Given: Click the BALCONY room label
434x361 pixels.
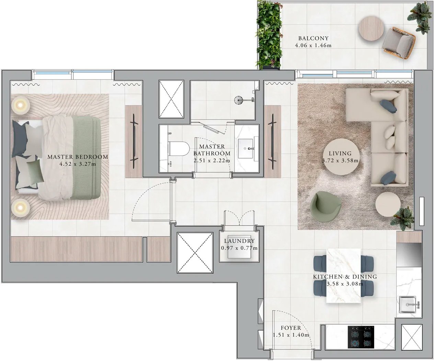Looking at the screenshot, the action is tap(313, 38).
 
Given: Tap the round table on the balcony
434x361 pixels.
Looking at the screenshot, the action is tap(371, 29).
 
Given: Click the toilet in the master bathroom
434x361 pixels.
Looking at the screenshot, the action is tap(179, 149).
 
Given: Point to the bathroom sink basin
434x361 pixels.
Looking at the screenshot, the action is tap(247, 148).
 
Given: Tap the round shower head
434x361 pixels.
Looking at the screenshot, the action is tap(238, 100).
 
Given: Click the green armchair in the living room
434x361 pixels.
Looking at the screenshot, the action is tap(325, 206).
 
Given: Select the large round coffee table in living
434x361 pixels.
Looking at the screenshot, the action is tap(341, 157).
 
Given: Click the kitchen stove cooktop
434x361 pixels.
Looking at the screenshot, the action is tap(361, 340).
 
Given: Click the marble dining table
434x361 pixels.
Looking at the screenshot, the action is tap(343, 276).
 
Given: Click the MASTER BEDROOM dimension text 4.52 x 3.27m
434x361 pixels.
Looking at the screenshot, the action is tap(78, 164).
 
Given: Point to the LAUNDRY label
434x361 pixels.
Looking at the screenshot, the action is tap(239, 241).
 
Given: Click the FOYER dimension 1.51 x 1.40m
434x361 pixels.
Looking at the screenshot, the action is tap(291, 335).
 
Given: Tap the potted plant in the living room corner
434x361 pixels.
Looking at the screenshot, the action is tap(402, 218).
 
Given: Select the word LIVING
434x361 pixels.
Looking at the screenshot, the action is tap(340, 154).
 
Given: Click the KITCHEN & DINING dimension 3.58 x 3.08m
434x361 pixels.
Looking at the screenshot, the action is tap(345, 284).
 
